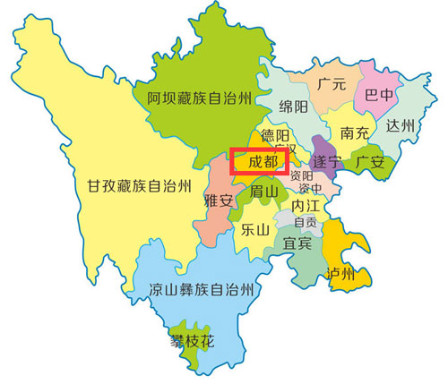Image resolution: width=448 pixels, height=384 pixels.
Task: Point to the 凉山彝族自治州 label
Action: (x=202, y=289)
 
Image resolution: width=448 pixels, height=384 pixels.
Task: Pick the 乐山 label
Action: (x=255, y=229)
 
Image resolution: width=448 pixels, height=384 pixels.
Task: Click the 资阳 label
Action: (x=302, y=176)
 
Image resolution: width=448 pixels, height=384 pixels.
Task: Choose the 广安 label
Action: (x=370, y=162)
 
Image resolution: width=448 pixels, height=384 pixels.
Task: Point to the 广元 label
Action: (x=332, y=83)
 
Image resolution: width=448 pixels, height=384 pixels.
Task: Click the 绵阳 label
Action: (x=294, y=106)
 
